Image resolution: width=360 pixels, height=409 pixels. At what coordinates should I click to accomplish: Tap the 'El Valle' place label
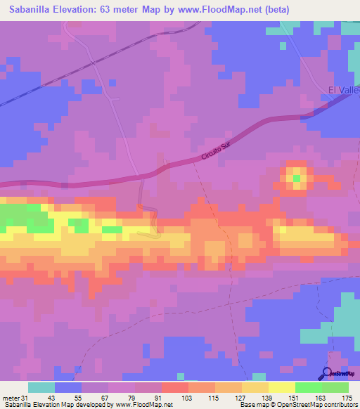click(x=344, y=90)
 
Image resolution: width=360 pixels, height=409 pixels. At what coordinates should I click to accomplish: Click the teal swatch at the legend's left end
click(x=41, y=387)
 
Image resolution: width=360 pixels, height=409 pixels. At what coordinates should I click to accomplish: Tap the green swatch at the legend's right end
click(x=335, y=387)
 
